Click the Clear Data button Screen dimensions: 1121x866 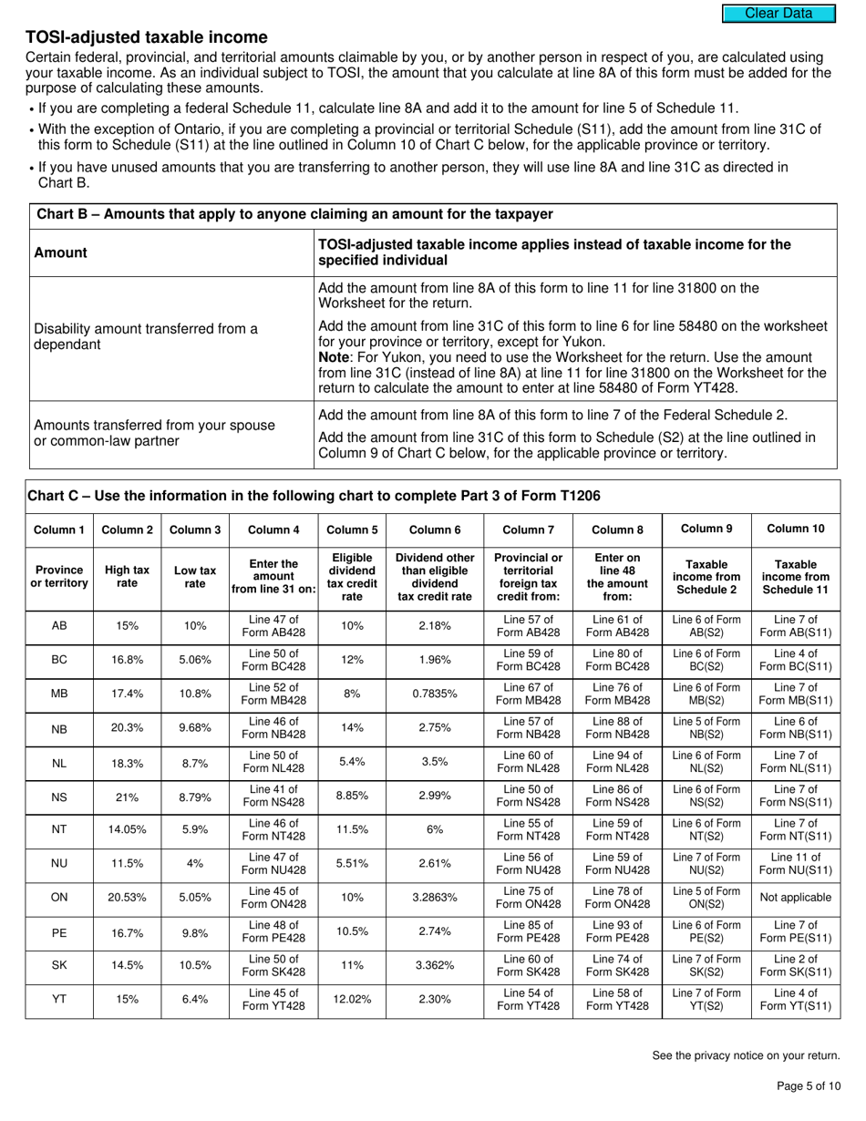click(x=778, y=14)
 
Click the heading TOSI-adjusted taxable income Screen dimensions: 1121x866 click(x=147, y=37)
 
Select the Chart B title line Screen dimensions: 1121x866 click(x=294, y=214)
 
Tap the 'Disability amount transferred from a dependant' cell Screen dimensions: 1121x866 click(x=146, y=336)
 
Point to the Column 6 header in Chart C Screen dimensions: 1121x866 click(x=435, y=530)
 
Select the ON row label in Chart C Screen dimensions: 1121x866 click(x=59, y=897)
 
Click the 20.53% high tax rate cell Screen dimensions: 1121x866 click(x=127, y=897)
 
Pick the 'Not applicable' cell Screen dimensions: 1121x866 click(x=794, y=897)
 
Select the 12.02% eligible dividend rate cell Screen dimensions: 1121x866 click(x=352, y=999)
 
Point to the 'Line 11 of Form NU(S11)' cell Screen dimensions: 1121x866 click(x=794, y=863)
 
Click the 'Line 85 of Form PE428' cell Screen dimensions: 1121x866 click(x=528, y=931)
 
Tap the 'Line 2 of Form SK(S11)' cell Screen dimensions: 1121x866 click(x=794, y=965)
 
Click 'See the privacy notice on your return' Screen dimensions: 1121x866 click(x=746, y=1055)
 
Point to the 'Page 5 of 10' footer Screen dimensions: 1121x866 click(x=808, y=1085)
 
